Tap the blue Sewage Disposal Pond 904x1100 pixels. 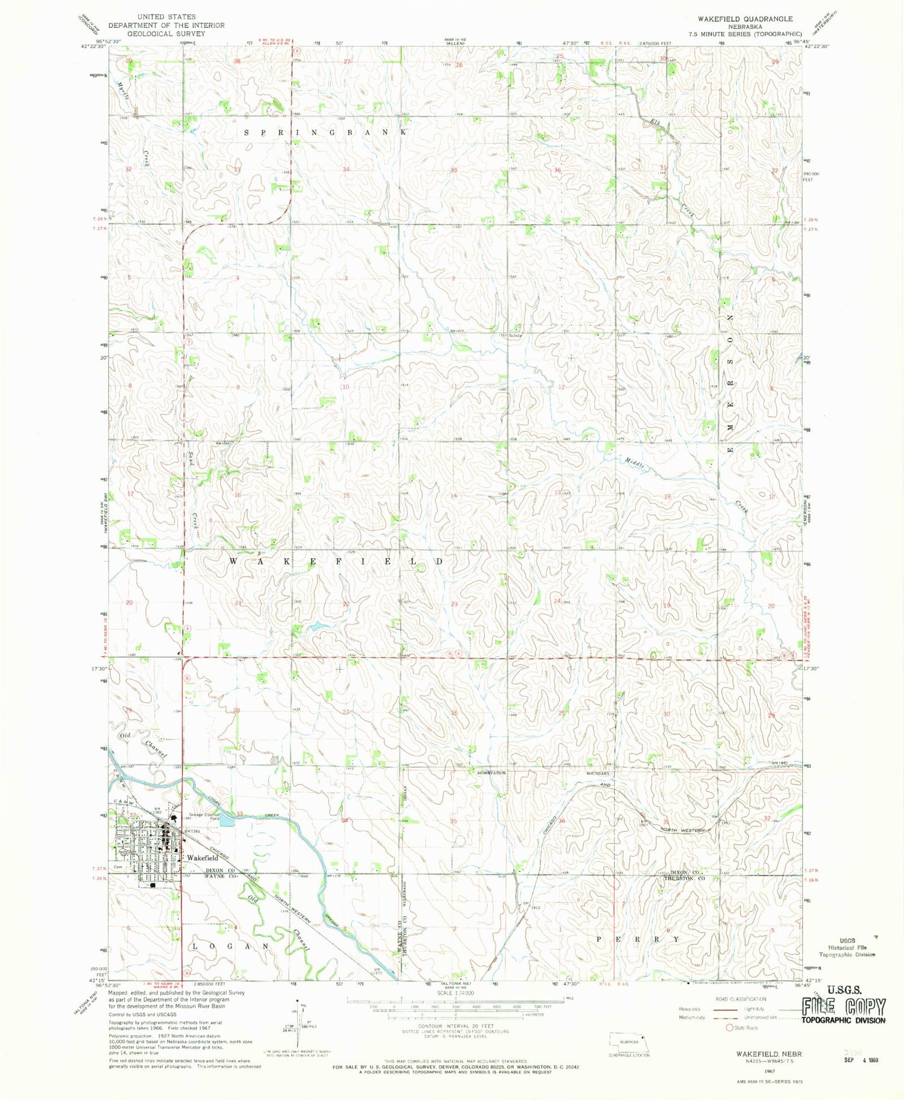(227, 820)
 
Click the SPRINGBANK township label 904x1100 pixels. (325, 132)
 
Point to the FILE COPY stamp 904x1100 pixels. (844, 1007)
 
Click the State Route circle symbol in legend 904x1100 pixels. (729, 1027)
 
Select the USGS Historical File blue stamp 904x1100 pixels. (847, 948)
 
